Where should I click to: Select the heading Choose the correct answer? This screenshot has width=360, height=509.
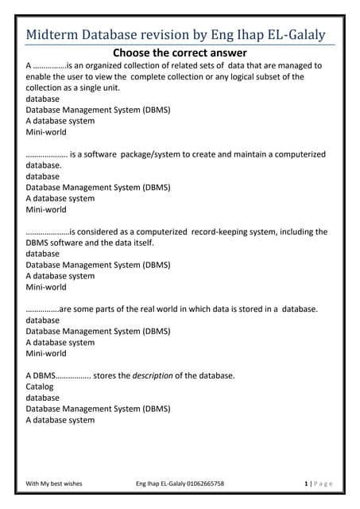180,53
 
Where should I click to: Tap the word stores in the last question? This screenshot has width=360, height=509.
106,375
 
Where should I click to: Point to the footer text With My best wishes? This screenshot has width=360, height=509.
54,483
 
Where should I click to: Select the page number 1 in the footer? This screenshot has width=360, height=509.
306,483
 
